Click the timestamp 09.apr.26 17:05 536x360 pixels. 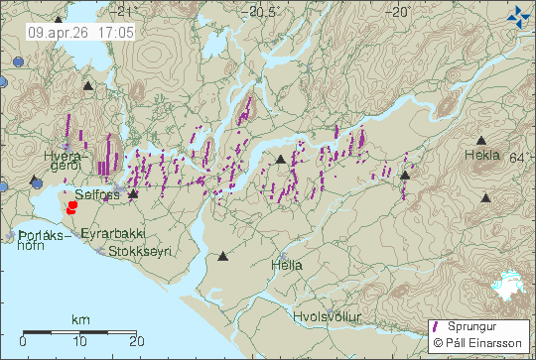coord(81,32)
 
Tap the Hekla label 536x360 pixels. coord(482,156)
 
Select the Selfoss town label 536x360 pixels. coord(97,195)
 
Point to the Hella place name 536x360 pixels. coord(286,265)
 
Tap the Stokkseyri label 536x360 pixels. coord(143,251)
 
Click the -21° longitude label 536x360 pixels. coord(123,12)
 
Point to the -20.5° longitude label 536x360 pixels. coord(263,12)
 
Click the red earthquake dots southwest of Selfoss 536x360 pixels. coord(71,208)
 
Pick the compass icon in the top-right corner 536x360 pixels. coord(518,15)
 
